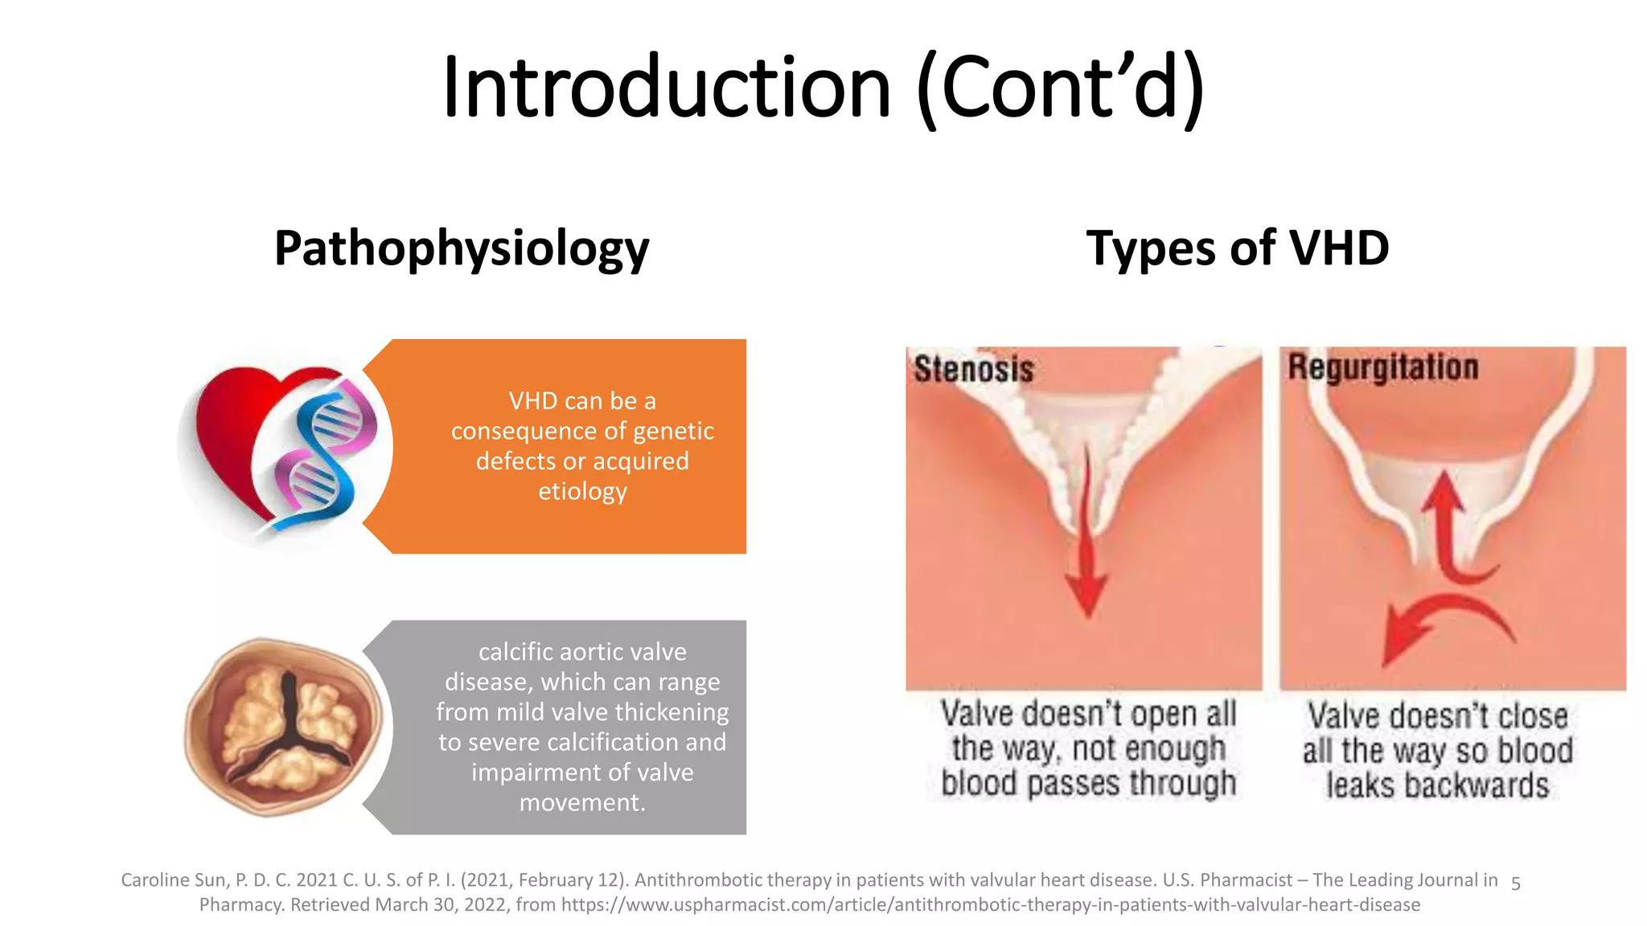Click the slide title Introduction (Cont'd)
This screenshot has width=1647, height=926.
[x=823, y=87]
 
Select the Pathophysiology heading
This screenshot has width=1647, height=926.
[x=462, y=248]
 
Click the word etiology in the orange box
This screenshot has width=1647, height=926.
[x=582, y=491]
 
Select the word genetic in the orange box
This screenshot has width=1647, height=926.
[x=673, y=431]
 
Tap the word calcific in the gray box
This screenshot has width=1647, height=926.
[x=514, y=651]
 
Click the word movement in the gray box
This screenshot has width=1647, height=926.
[x=581, y=802]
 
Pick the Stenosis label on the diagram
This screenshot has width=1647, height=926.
[x=974, y=370]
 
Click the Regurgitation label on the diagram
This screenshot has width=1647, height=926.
[x=1382, y=367]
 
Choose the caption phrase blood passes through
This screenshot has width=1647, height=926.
[x=1087, y=783]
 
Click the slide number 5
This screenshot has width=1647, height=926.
[x=1515, y=884]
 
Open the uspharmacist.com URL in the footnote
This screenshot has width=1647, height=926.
[x=990, y=905]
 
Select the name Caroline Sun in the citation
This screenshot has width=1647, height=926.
[x=174, y=880]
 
